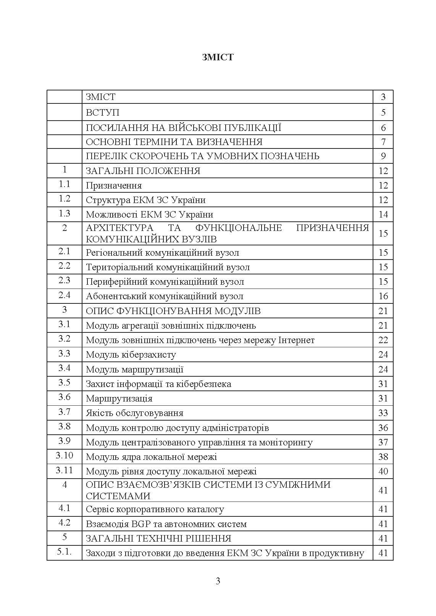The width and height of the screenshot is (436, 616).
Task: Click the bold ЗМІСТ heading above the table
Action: [218, 57]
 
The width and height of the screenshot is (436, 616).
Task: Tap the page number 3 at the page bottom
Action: [218, 581]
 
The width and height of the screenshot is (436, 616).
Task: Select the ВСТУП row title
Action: [102, 113]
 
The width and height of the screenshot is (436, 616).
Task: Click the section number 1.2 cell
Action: [65, 199]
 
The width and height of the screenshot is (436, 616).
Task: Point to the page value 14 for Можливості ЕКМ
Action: [383, 214]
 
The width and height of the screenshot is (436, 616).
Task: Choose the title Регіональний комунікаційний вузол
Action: [162, 253]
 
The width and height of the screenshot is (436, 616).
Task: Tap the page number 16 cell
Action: [383, 296]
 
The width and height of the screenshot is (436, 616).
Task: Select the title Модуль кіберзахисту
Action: [131, 355]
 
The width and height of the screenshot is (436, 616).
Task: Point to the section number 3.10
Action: [65, 456]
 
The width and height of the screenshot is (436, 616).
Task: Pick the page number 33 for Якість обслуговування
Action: [383, 413]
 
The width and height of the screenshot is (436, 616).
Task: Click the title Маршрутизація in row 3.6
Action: [119, 398]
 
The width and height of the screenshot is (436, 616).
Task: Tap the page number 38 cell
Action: [383, 457]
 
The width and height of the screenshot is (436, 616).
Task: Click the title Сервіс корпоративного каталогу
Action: [155, 509]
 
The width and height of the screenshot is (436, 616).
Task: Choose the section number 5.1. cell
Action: [65, 552]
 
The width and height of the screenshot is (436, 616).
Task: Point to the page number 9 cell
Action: [383, 156]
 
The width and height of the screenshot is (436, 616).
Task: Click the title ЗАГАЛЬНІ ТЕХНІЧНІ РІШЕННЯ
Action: [158, 539]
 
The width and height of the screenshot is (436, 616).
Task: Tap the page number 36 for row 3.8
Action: [383, 428]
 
